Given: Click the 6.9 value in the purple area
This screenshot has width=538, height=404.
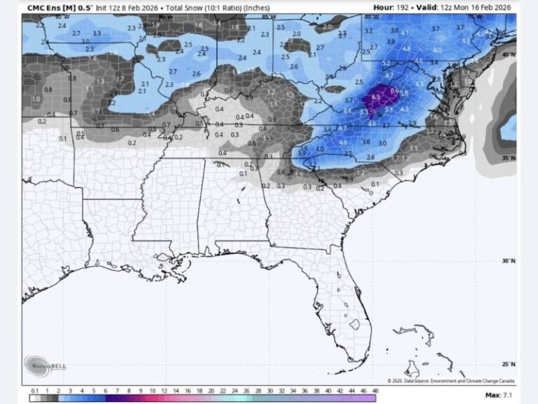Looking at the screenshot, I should coord(375,97).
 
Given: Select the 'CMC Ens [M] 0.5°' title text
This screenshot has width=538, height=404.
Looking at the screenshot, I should coord(59,8).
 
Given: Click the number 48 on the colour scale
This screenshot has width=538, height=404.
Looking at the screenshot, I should coord(375,390).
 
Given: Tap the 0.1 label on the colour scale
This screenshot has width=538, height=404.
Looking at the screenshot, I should coord(34,390).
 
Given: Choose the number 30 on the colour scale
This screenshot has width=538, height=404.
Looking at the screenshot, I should coord(269,390).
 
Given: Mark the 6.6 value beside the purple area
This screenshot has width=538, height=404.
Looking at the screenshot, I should coord(394,90).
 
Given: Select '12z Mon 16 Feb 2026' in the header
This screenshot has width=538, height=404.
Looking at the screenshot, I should coord(476,8).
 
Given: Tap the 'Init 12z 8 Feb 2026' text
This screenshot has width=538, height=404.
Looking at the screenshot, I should coord(129,8).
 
